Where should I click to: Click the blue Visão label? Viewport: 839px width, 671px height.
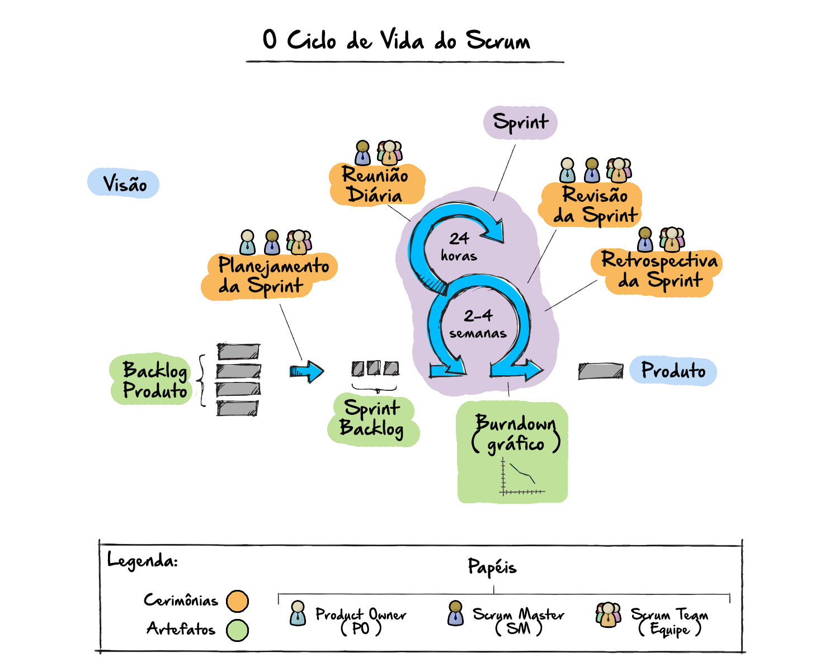click(x=124, y=184)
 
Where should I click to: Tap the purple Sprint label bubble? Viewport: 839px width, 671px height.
click(x=520, y=122)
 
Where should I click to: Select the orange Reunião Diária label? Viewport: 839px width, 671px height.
click(x=376, y=185)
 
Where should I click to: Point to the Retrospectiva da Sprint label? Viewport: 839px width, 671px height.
click(x=658, y=271)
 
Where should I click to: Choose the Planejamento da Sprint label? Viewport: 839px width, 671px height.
click(x=271, y=276)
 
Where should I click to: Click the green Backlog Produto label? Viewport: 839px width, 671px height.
click(x=153, y=380)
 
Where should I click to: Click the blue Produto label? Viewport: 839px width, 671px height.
click(x=673, y=371)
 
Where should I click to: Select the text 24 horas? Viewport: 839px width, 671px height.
click(x=459, y=247)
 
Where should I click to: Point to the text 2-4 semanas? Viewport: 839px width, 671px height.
click(x=478, y=324)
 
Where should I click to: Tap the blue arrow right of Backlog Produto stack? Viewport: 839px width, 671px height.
click(x=307, y=371)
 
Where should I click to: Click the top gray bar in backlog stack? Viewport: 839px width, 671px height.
click(x=238, y=352)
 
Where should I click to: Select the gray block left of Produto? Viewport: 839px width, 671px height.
click(x=600, y=371)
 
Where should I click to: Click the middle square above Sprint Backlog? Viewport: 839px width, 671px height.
click(x=374, y=368)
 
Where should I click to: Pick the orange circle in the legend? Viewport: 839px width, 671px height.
click(x=237, y=601)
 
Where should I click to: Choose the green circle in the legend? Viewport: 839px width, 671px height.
click(x=237, y=630)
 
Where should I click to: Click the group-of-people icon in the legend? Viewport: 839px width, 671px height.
click(x=609, y=615)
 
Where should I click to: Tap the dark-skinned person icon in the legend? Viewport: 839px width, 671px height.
click(x=456, y=613)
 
